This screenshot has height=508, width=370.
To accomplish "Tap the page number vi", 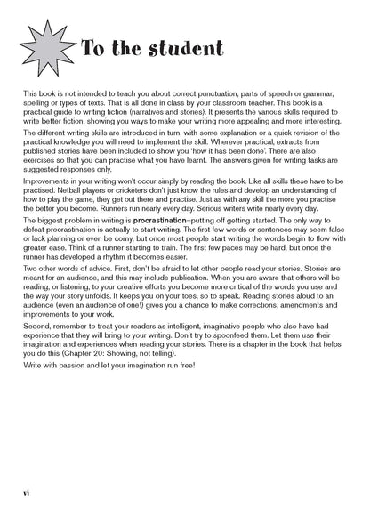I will pos(28,491).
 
